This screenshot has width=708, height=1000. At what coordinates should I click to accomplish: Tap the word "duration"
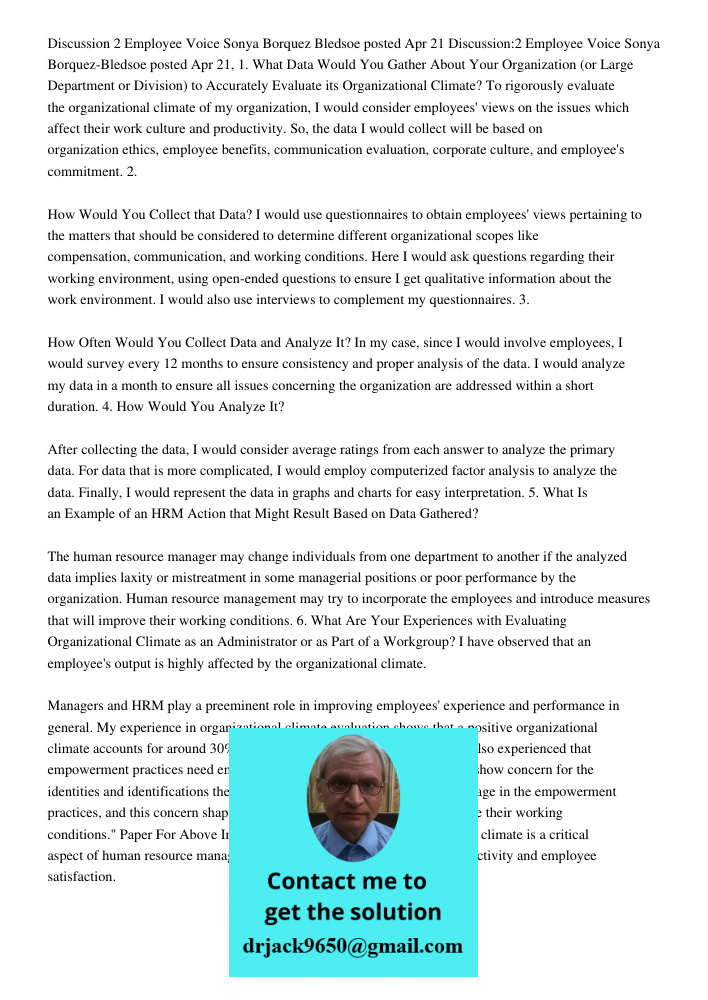[x=73, y=406]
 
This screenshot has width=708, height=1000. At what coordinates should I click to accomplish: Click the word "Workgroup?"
[x=404, y=642]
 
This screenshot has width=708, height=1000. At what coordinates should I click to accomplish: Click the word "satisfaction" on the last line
[x=81, y=877]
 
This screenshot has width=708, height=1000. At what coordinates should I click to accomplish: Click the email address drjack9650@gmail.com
[x=352, y=946]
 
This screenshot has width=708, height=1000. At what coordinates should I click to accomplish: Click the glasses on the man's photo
[x=351, y=786]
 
